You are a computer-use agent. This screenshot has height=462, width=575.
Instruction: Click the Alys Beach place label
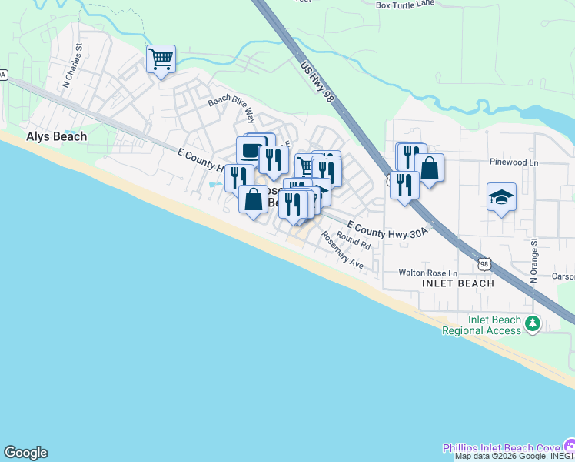point(56,136)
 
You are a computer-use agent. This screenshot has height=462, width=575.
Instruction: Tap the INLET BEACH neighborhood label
point(458,283)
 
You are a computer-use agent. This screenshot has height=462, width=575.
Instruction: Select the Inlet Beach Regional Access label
point(483,325)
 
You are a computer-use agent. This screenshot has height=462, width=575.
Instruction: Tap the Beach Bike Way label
point(231,107)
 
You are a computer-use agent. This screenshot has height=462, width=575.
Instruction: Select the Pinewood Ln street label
point(514,162)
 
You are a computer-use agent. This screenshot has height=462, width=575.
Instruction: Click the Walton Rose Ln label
point(427,273)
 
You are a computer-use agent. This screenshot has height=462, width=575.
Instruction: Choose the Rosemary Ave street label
point(342,251)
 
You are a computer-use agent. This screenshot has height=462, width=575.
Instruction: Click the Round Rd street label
point(354,241)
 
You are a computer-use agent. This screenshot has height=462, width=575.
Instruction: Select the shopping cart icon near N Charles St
point(161,58)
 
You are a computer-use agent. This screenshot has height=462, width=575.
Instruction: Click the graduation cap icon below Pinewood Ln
point(501,196)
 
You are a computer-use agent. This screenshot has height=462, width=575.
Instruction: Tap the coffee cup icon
point(251,150)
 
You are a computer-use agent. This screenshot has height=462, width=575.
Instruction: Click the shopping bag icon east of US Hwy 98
point(430,168)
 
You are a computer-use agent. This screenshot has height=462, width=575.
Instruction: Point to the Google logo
point(25,453)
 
